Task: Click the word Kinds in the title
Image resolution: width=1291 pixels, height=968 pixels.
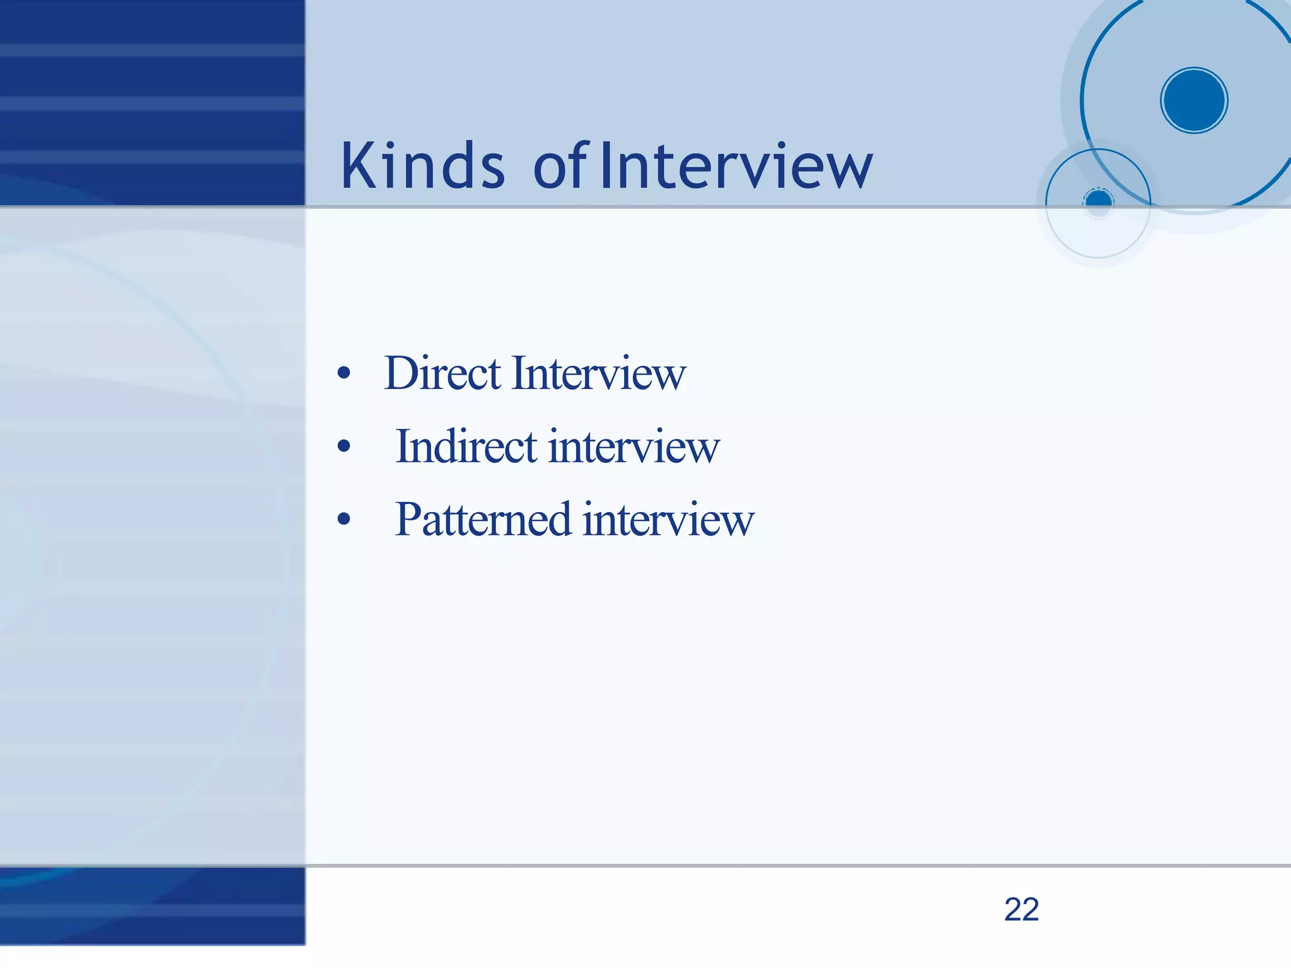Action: (422, 165)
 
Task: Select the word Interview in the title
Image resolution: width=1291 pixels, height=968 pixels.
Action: (736, 165)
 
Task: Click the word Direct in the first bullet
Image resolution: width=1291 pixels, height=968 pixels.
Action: (443, 373)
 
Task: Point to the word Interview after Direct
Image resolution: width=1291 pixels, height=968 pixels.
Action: (599, 373)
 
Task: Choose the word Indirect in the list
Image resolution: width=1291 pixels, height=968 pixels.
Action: (466, 446)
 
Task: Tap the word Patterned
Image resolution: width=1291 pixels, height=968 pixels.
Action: (483, 520)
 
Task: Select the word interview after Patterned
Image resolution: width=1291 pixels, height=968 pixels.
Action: (668, 520)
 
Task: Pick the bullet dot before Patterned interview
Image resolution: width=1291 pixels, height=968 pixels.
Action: (344, 520)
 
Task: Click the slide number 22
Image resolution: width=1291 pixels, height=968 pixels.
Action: (1021, 909)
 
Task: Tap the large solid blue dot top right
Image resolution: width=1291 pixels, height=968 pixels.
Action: (1194, 100)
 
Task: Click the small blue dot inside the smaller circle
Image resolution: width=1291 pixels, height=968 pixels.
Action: (1099, 202)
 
